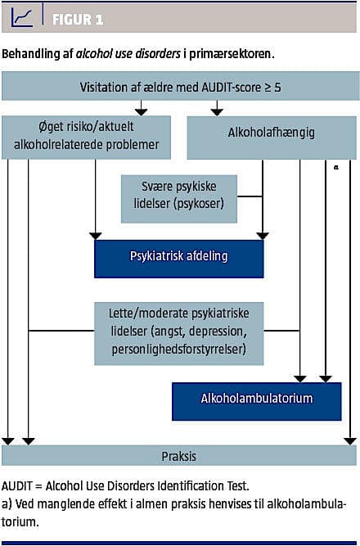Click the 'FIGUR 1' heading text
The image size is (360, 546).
click(x=78, y=20)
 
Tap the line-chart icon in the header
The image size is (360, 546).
click(x=21, y=18)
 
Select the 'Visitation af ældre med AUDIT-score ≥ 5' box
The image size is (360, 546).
click(x=180, y=86)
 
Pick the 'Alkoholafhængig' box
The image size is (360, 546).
click(x=272, y=138)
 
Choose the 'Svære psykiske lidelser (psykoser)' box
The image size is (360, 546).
click(x=179, y=198)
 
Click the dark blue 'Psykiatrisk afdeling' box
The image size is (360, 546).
click(x=179, y=259)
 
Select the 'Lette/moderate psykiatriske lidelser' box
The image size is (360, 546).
click(x=179, y=333)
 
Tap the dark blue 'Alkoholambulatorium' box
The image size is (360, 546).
click(x=257, y=401)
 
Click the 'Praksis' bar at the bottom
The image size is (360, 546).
click(x=180, y=455)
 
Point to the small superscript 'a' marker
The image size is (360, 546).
click(x=336, y=167)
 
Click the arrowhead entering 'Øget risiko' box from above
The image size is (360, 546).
click(x=141, y=112)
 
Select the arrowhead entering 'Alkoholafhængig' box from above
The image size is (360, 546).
click(x=217, y=112)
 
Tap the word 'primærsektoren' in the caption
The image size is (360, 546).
click(x=229, y=55)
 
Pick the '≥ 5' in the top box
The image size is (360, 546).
click(x=272, y=87)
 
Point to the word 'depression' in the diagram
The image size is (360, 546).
click(x=218, y=332)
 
